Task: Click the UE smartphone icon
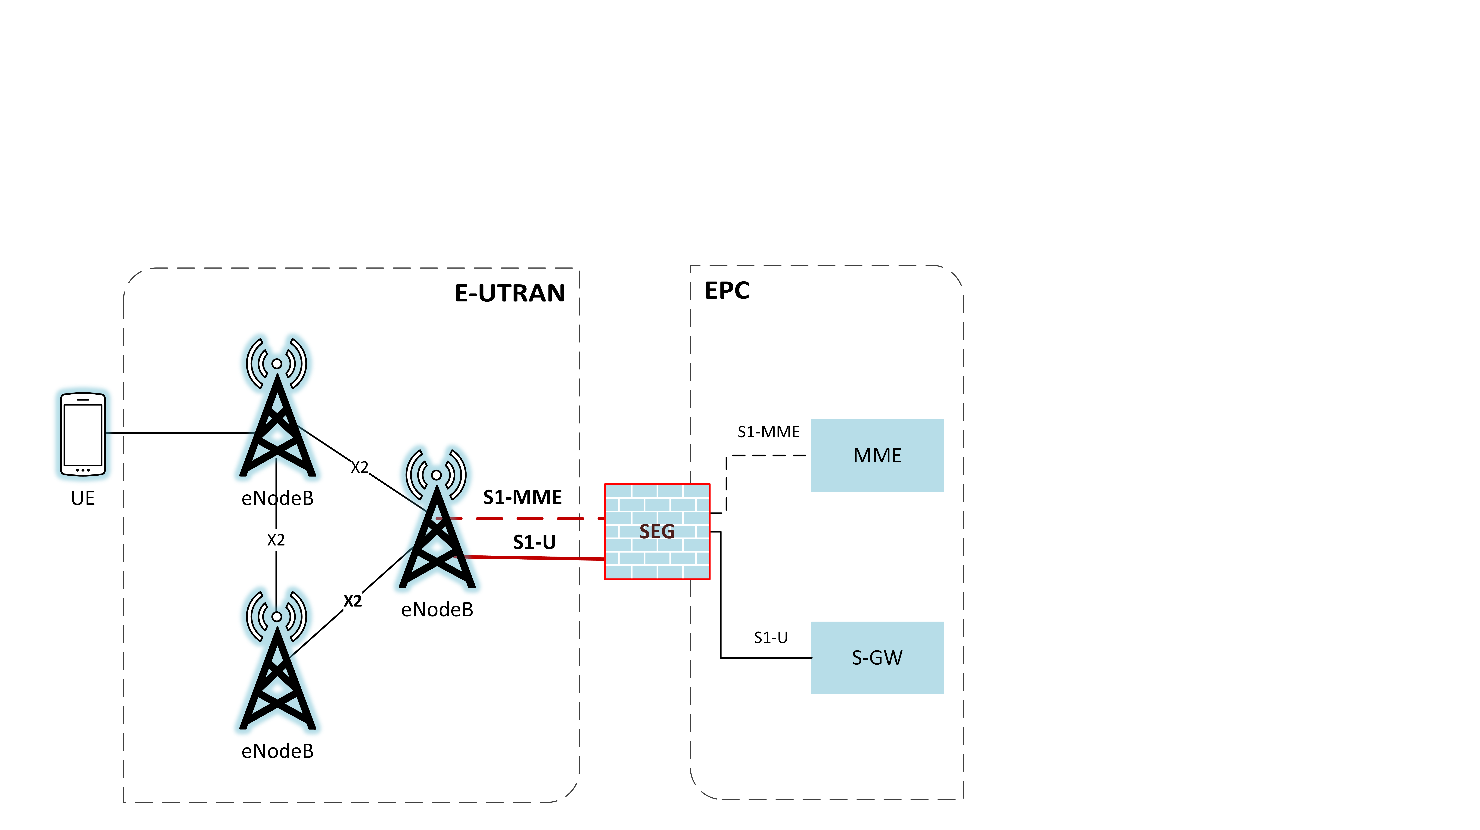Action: [x=83, y=434]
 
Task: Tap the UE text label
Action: [x=83, y=498]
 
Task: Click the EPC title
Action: [x=727, y=291]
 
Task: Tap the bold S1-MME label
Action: [x=522, y=497]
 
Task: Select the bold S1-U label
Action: [x=534, y=542]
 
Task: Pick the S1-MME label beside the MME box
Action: [x=768, y=431]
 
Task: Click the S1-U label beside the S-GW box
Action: [x=770, y=637]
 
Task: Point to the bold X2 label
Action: [x=353, y=601]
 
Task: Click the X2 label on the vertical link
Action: [x=276, y=540]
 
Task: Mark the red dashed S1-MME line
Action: [x=534, y=518]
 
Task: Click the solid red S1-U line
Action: [x=534, y=557]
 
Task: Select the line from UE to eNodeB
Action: [x=178, y=433]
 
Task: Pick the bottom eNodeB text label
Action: [x=277, y=751]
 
